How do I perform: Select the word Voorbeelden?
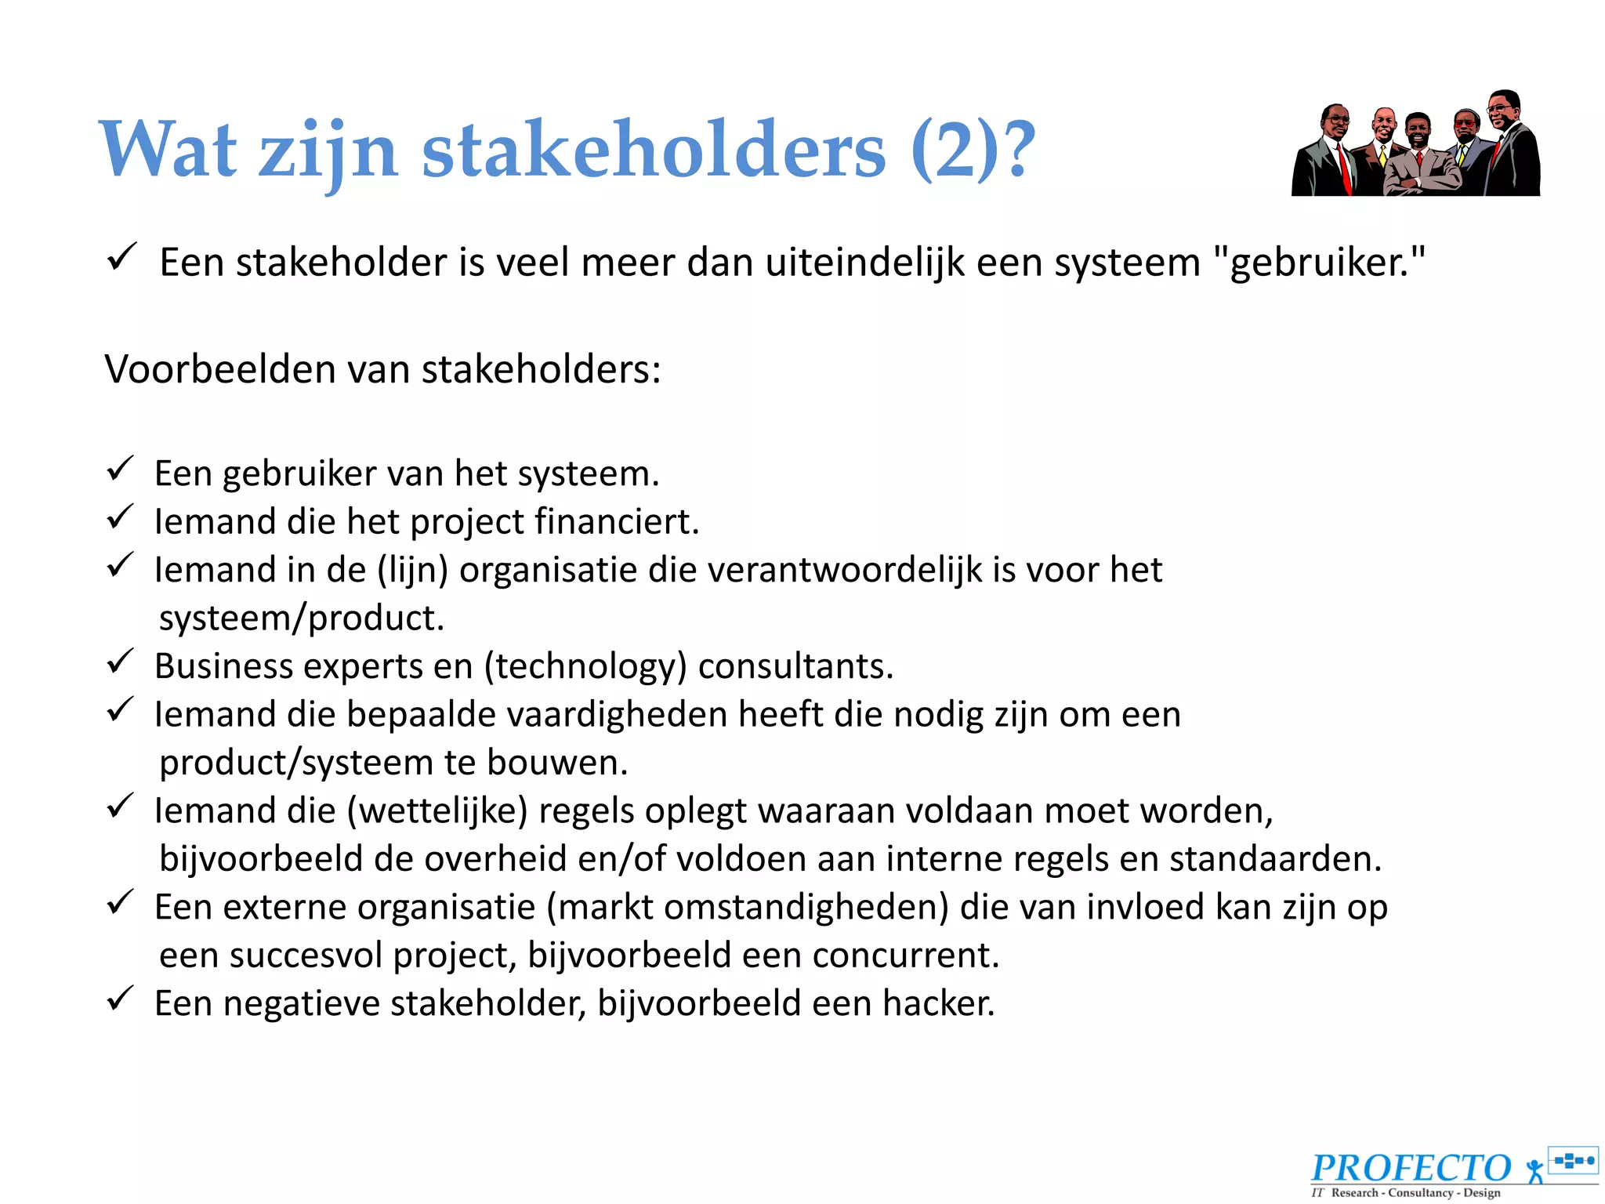(x=219, y=369)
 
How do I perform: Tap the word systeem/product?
(x=302, y=618)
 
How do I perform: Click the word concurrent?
(x=905, y=956)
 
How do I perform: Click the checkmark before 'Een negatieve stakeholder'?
(x=121, y=999)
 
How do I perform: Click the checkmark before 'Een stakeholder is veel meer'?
(x=122, y=256)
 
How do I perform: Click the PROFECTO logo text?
(x=1411, y=1168)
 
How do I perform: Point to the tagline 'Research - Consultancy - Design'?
(x=1415, y=1193)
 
